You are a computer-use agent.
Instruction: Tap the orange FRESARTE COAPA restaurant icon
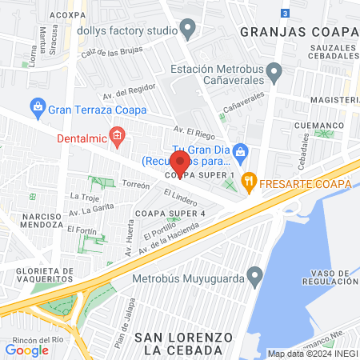(x=250, y=183)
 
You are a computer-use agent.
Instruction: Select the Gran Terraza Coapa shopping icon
(x=37, y=106)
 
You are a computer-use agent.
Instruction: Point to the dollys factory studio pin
(x=188, y=30)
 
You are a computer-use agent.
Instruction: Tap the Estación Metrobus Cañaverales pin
(x=274, y=74)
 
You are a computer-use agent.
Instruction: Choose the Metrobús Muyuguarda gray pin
(x=255, y=277)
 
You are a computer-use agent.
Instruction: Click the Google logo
(x=26, y=350)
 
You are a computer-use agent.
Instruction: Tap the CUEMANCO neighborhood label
(x=316, y=126)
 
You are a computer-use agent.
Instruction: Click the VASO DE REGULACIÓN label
(x=330, y=278)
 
